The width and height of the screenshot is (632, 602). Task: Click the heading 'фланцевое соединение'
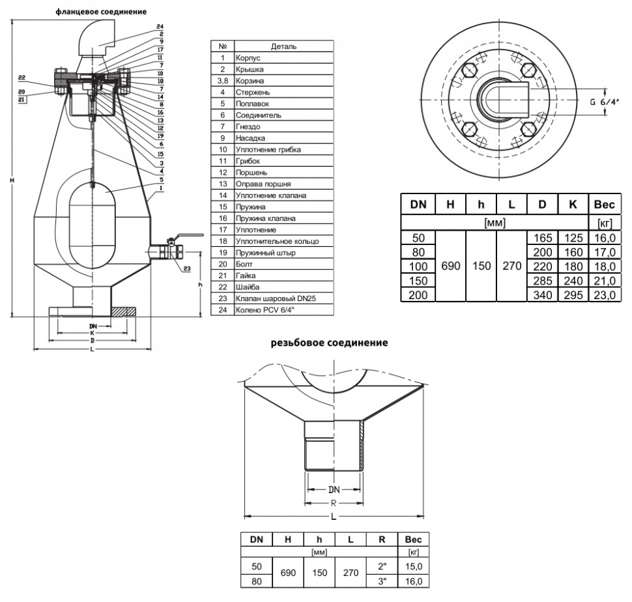[x=101, y=12]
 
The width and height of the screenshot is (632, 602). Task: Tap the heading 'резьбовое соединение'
[x=329, y=343]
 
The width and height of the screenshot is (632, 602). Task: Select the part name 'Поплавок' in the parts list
[x=252, y=104]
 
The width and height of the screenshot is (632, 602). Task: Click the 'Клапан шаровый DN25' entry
[x=276, y=298]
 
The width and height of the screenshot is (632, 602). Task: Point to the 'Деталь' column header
[x=283, y=46]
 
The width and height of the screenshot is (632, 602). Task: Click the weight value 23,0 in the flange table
[x=605, y=295]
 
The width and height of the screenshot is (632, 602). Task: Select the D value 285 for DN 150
[x=543, y=281]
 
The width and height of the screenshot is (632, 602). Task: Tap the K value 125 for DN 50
[x=573, y=238]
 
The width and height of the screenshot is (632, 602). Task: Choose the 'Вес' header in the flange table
[x=604, y=205]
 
